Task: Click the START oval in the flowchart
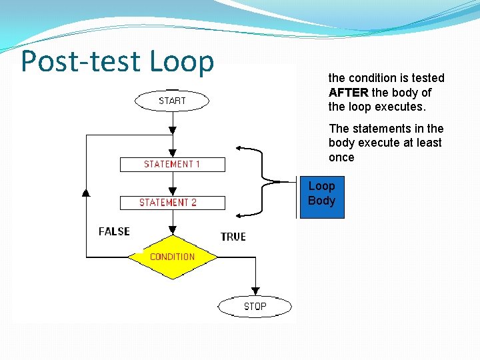(172, 101)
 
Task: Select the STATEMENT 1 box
(172, 164)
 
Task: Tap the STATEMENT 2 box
(172, 203)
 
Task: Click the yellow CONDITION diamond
(172, 257)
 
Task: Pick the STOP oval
(255, 306)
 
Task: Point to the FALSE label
(114, 231)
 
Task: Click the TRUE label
(233, 237)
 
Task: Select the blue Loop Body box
(322, 198)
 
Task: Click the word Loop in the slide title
(182, 61)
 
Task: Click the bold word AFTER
(349, 93)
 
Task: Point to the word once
(341, 157)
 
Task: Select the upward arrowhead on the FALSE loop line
(86, 192)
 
